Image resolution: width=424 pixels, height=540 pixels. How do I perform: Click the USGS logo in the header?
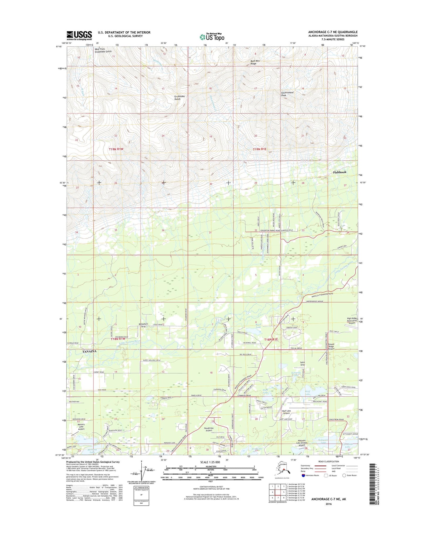click(79, 35)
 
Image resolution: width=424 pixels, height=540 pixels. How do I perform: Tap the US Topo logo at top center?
click(212, 37)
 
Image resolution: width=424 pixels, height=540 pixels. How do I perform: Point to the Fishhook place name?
click(339, 172)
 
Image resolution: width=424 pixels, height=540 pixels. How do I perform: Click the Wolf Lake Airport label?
click(286, 412)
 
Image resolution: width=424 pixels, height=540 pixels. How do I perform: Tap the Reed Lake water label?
click(258, 326)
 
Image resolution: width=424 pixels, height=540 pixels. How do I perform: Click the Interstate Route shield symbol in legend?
click(303, 476)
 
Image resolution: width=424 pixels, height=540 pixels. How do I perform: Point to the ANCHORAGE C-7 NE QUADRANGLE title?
click(332, 32)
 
